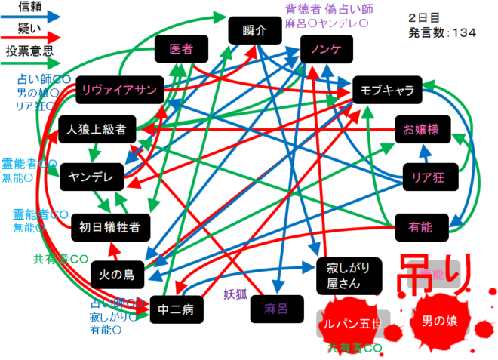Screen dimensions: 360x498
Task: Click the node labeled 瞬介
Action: [x=256, y=31]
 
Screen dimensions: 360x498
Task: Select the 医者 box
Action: [x=181, y=49]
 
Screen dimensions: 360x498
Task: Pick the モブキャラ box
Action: [x=387, y=91]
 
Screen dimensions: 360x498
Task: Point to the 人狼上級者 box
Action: [x=97, y=129]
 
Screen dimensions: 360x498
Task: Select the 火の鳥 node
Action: [x=117, y=274]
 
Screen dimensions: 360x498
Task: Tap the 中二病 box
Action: [x=177, y=309]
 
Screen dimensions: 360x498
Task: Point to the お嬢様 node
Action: [x=423, y=130]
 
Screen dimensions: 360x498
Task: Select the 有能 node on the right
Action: [x=420, y=224]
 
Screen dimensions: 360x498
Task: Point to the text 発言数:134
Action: [x=442, y=32]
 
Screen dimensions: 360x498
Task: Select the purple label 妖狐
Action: [x=235, y=294]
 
